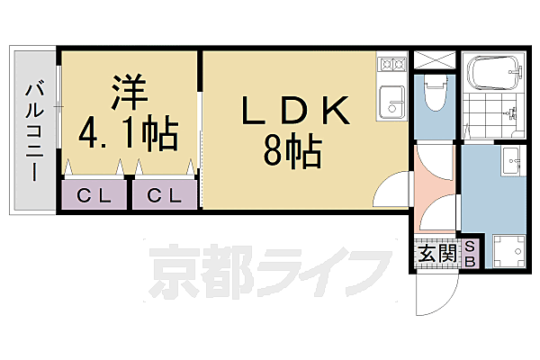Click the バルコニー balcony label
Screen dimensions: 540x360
click(x=34, y=131)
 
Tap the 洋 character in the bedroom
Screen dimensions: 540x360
click(x=129, y=92)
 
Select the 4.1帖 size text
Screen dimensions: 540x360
click(x=129, y=133)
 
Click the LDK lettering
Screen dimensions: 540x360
click(x=296, y=111)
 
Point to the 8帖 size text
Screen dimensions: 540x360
click(x=292, y=150)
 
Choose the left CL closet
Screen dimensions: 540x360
click(x=94, y=194)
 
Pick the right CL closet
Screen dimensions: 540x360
click(x=165, y=194)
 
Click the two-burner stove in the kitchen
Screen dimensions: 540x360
click(x=392, y=64)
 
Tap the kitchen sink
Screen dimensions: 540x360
click(x=391, y=102)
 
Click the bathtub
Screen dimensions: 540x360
click(x=493, y=73)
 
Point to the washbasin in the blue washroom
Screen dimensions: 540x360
click(x=513, y=161)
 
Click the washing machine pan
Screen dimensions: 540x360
click(x=509, y=251)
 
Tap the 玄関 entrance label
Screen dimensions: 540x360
click(x=437, y=254)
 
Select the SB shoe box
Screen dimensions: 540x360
click(x=470, y=254)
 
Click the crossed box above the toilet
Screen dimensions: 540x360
click(x=435, y=60)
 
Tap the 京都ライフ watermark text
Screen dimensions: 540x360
click(x=270, y=271)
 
